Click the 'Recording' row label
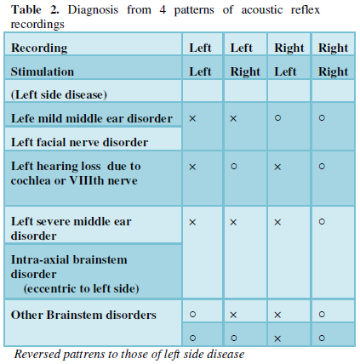[x=39, y=48]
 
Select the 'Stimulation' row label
[x=43, y=71]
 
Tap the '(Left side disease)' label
[x=59, y=94]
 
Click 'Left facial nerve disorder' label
[x=79, y=142]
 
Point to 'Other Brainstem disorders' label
[x=83, y=315]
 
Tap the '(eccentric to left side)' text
[x=82, y=288]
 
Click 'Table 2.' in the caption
[x=35, y=9]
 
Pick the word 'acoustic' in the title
[x=262, y=10]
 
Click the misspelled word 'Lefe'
[x=22, y=118]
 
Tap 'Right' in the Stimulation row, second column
[x=245, y=71]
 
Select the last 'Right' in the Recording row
[x=333, y=48]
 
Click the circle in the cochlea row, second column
[x=234, y=166]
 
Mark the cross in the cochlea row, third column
[x=277, y=167]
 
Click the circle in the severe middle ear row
[x=322, y=221]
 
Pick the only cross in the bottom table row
[x=277, y=338]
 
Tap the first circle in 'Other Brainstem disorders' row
[x=192, y=314]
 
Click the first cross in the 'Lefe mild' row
[x=192, y=118]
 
